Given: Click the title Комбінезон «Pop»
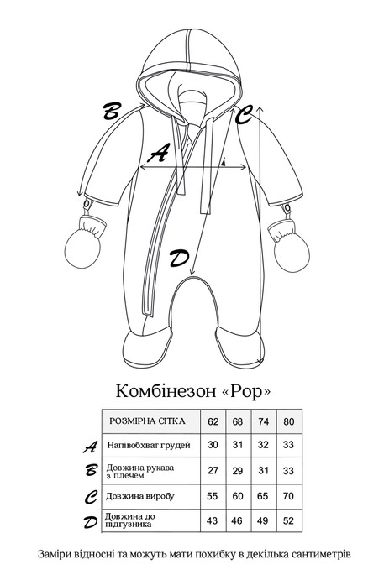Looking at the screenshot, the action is tap(192, 391).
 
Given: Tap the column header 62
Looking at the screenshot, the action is tap(213, 420).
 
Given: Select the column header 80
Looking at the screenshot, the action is tap(288, 420).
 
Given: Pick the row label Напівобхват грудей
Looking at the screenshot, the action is tap(149, 444).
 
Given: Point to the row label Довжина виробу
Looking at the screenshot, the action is tap(140, 495).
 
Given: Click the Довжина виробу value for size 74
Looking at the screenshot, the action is tap(264, 495).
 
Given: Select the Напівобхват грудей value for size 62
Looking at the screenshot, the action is tap(213, 444).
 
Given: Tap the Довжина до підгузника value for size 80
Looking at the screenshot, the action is tap(288, 520).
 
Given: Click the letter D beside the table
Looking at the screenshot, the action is tap(90, 521).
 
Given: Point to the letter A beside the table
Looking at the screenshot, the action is tap(90, 445).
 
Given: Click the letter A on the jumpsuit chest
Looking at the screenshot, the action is tap(158, 154).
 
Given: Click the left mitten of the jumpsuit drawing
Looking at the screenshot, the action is tap(86, 244).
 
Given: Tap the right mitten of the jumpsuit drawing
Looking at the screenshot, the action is tap(287, 244).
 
